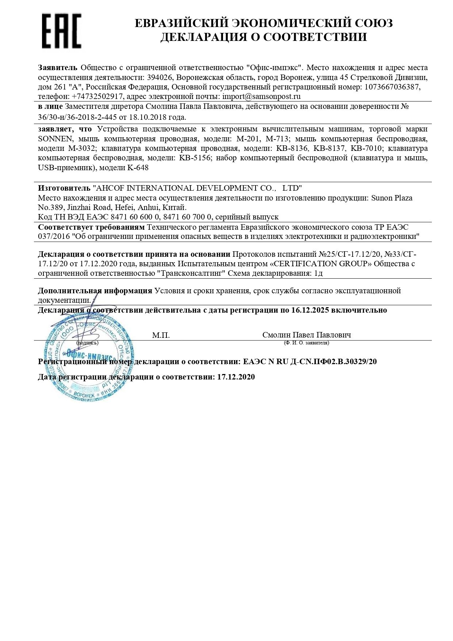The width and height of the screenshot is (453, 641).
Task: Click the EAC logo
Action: [x=61, y=31]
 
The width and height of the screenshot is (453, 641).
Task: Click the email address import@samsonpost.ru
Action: [x=261, y=96]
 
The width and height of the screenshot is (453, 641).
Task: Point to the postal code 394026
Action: [x=158, y=77]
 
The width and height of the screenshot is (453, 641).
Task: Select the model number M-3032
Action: [x=82, y=149]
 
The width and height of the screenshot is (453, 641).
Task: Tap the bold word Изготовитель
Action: [x=64, y=188]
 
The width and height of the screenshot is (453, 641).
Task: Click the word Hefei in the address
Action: [x=125, y=207]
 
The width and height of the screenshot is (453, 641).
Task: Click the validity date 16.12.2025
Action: [x=310, y=310]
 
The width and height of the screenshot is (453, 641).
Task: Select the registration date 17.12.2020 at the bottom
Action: [x=236, y=377]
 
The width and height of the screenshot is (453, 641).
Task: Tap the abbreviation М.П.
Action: [x=161, y=335]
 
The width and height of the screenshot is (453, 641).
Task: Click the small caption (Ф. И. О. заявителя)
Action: [x=306, y=343]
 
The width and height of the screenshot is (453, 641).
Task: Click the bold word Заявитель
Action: [x=58, y=68]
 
